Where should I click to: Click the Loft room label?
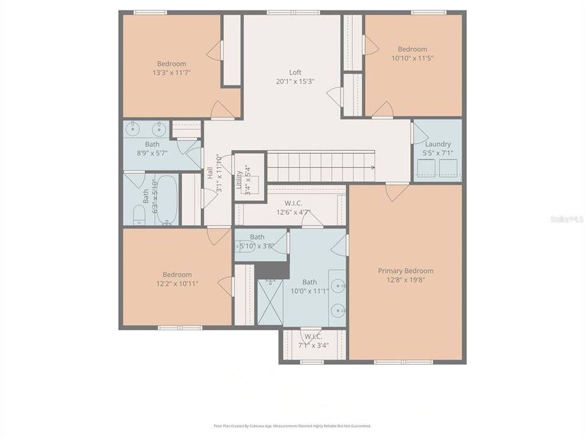(295, 72)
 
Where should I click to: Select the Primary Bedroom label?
(405, 271)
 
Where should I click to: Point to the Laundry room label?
(438, 144)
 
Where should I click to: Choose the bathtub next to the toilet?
(165, 200)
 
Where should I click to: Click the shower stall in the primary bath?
(270, 302)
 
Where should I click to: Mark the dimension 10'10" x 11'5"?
(413, 58)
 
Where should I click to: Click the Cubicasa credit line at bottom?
(292, 426)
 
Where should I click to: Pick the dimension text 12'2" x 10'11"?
(177, 283)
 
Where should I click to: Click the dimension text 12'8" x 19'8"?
(405, 280)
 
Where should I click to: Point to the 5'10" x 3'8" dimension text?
(257, 246)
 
